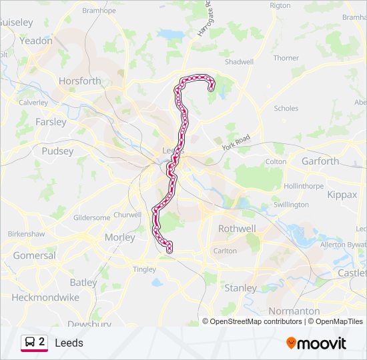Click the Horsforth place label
pos(80,81)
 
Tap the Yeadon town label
pos(36,41)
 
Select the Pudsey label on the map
pos(57,151)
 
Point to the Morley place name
pos(120,237)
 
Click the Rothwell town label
pos(237,229)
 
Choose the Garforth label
pos(320,161)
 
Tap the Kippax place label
pos(343,195)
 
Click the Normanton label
pos(294,311)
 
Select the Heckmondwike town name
pos(46,297)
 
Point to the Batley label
pos(83,283)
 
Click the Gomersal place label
pos(35,255)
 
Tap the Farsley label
pos(51,122)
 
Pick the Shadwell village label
pos(239,62)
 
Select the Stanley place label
pos(240,288)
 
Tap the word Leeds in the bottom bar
pos(69,343)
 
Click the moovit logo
pos(316,343)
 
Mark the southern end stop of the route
pos(169,251)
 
